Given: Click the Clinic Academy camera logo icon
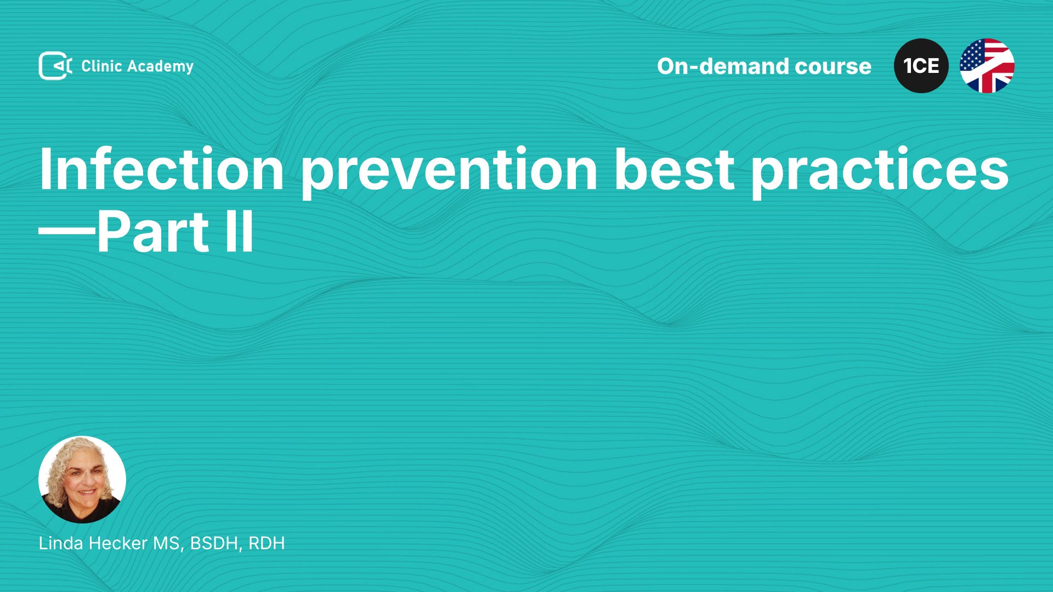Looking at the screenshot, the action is [55, 66].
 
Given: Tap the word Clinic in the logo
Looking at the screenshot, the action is [101, 66].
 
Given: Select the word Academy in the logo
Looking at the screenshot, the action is [161, 67].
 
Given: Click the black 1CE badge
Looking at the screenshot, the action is [921, 66].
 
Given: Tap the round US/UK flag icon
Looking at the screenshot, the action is [987, 66].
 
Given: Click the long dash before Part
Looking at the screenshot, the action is [67, 233].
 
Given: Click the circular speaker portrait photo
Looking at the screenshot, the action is [82, 480].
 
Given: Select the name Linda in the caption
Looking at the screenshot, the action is [61, 543].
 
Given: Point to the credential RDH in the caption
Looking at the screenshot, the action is [267, 543].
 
